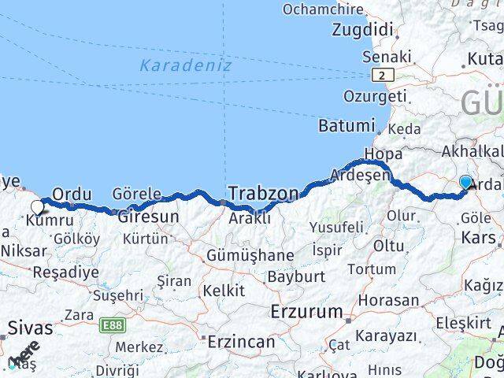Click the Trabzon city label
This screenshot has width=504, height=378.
click(264, 193)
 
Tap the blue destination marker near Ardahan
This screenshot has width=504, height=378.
click(466, 183)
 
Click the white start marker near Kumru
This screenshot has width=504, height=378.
click(37, 207)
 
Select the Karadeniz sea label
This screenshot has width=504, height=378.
click(186, 66)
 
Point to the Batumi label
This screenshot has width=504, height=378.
click(346, 126)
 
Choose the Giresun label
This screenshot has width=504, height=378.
click(149, 215)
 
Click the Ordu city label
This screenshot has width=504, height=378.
click(72, 194)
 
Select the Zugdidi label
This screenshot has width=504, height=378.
click(363, 30)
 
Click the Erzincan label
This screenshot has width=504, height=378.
click(241, 342)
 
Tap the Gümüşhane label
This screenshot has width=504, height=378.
click(250, 256)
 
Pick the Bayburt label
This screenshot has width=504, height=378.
click(296, 277)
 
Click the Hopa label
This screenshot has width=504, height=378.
click(382, 154)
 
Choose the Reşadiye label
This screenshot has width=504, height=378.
click(65, 272)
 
